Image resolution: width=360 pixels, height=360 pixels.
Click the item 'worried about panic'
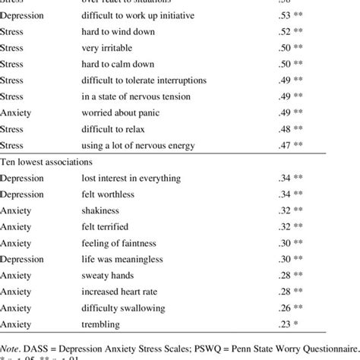click(121, 112)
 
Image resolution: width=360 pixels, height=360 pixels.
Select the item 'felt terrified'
click(106, 226)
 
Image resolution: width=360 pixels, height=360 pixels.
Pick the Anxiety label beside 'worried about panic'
click(17, 112)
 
